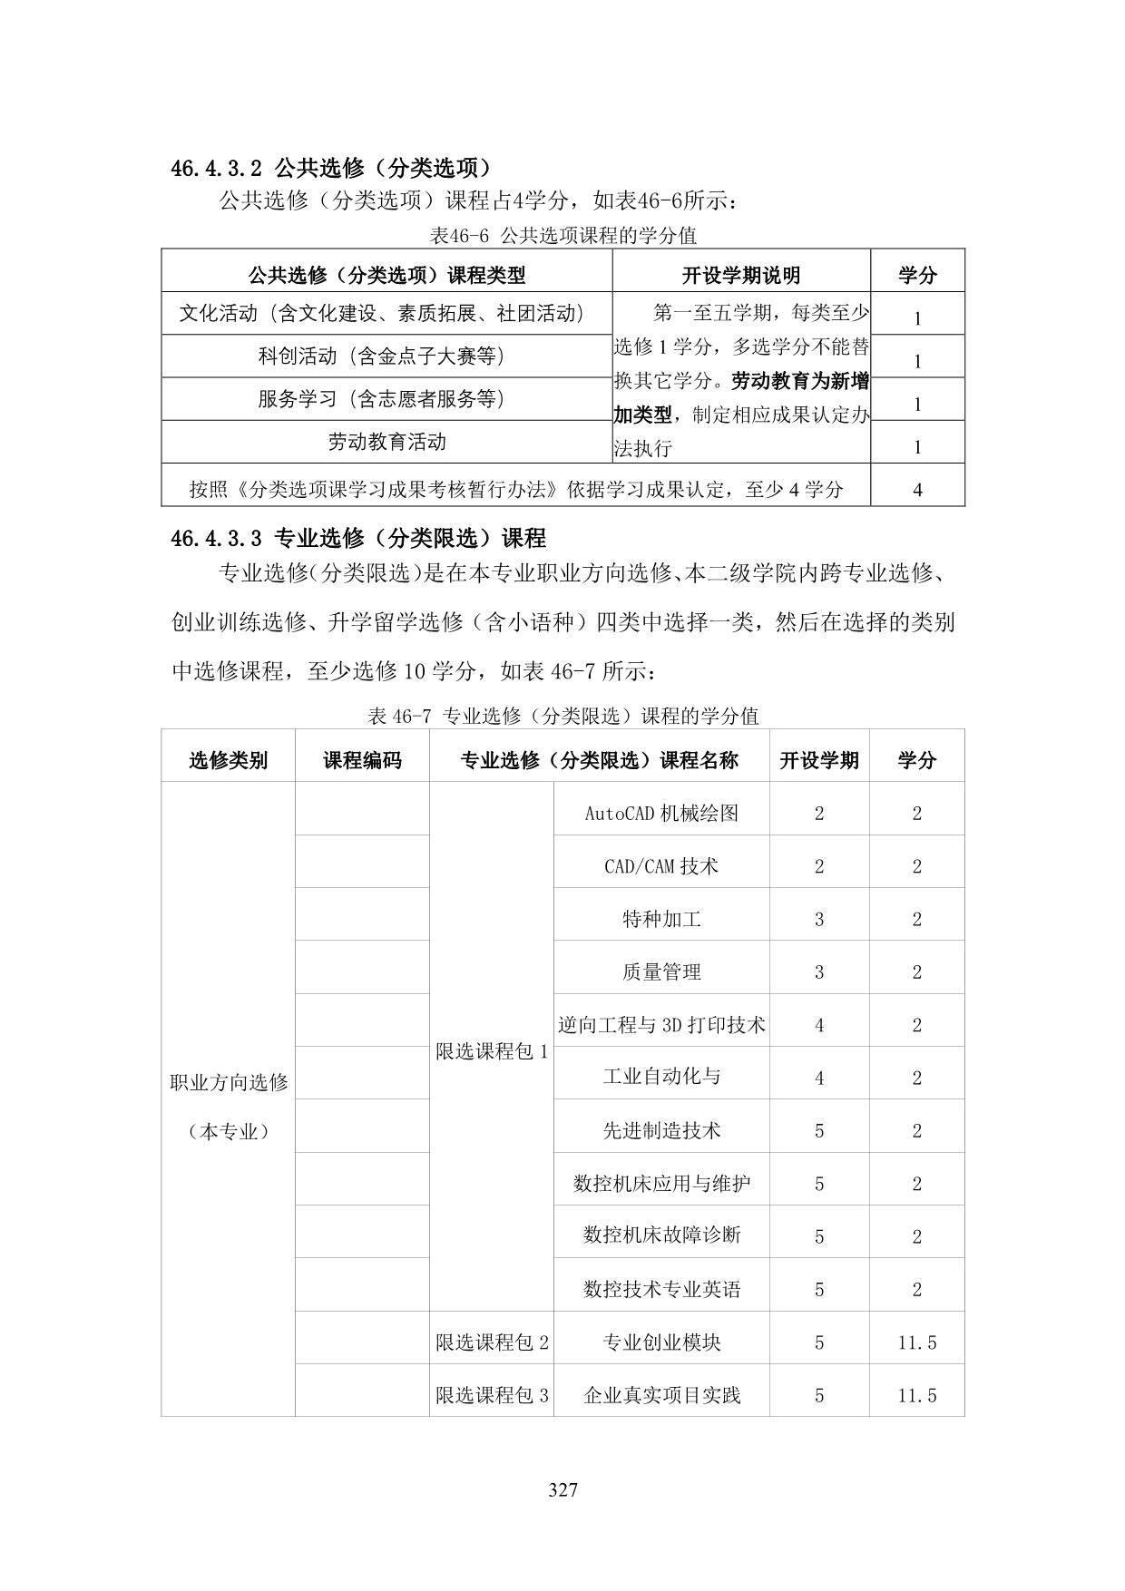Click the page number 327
pos(563,1489)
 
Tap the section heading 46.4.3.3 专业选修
pos(358,538)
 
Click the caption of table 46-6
pos(562,236)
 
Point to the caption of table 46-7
pos(562,716)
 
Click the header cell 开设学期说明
pos(740,275)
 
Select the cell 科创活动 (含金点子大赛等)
pos(381,356)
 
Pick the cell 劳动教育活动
pos(386,442)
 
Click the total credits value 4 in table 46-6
pos(917,490)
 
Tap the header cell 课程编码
pos(362,760)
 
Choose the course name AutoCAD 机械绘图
pos(661,813)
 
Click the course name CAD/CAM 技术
pos(661,866)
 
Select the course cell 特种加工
pos(661,919)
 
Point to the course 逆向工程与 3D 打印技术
pos(661,1025)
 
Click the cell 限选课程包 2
pos(492,1342)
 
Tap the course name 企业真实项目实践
pos(661,1395)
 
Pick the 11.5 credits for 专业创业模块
pos(917,1342)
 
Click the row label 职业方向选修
pos(229,1082)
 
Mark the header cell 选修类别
pos(229,760)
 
